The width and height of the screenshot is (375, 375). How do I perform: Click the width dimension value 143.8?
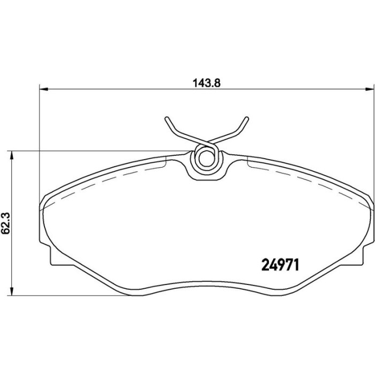(207, 83)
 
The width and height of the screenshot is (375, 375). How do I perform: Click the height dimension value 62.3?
(6, 223)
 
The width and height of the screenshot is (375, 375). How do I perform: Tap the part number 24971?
(281, 265)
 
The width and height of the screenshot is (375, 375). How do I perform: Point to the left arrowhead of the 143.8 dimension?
(44, 89)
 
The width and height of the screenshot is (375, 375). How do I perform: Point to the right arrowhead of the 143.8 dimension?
(370, 89)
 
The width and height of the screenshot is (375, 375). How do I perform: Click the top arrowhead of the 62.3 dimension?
(11, 155)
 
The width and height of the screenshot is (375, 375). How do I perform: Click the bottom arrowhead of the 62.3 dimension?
(11, 291)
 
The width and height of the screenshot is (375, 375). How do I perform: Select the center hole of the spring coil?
(206, 159)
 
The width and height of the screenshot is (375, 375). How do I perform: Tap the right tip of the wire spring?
(246, 118)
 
